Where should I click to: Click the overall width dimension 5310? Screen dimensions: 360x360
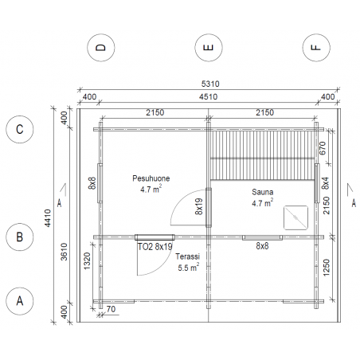(210, 84)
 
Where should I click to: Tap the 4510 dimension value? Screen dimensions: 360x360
(209, 96)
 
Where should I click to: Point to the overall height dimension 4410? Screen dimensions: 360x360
(48, 218)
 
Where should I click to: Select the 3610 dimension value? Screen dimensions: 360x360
(65, 252)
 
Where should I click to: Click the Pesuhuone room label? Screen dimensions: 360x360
(151, 178)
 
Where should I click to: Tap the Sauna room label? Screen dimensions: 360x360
(263, 192)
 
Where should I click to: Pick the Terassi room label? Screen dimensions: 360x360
(187, 256)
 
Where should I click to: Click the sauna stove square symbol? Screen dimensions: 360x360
(296, 217)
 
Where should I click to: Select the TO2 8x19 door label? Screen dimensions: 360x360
(155, 247)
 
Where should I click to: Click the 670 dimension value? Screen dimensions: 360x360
(322, 148)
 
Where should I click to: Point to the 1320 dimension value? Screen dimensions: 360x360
(87, 261)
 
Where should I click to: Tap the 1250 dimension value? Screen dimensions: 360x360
(327, 268)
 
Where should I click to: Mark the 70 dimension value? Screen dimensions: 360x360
(112, 309)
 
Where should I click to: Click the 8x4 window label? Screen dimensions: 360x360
(326, 183)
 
